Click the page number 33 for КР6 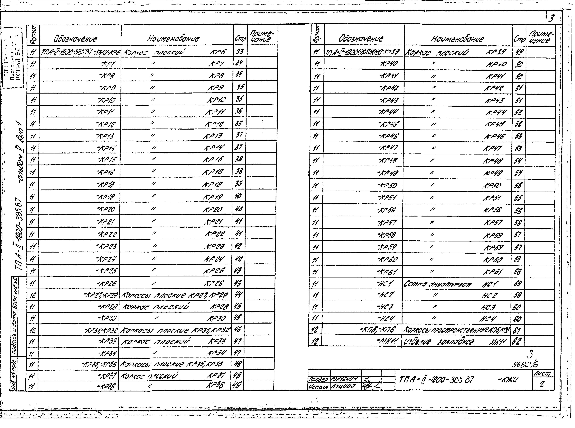click(240, 52)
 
